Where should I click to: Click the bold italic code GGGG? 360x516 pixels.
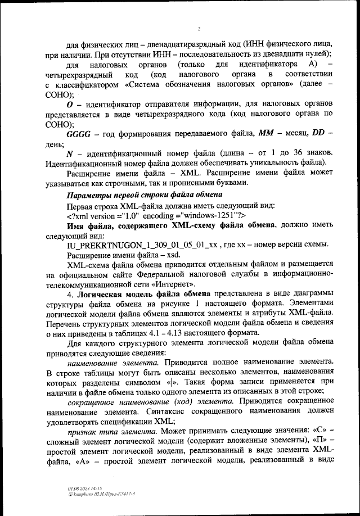click(82, 135)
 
